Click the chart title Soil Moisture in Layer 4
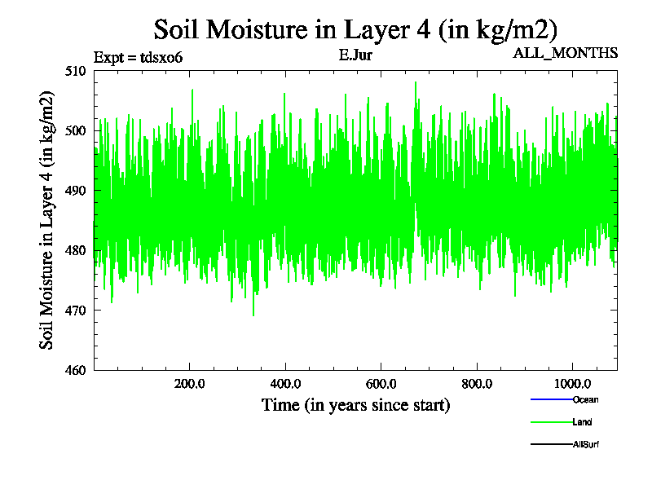coord(355,30)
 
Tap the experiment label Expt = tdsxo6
coord(143,57)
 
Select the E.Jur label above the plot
coord(355,56)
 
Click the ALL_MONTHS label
coord(565,54)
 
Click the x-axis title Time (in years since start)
coord(355,405)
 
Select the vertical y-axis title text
coord(48,221)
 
